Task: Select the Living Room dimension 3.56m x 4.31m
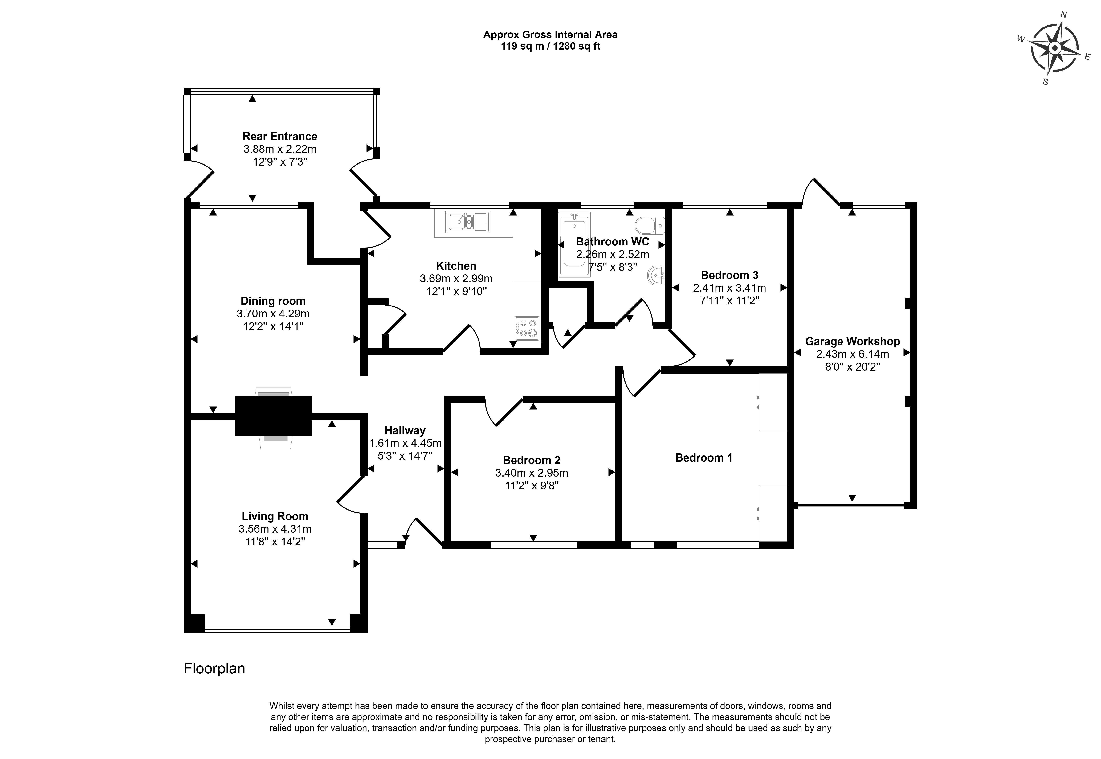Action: pyautogui.click(x=275, y=529)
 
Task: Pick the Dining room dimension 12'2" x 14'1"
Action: pyautogui.click(x=273, y=326)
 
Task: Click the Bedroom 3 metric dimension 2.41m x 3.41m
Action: pyautogui.click(x=729, y=288)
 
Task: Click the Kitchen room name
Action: pyautogui.click(x=456, y=266)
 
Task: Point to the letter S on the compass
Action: pyautogui.click(x=1045, y=82)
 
